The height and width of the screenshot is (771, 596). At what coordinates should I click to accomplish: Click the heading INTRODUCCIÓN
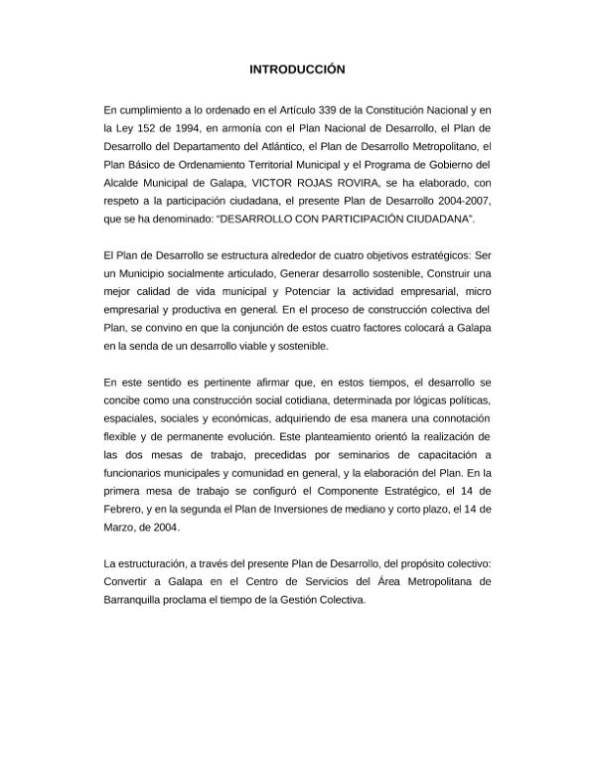[297, 71]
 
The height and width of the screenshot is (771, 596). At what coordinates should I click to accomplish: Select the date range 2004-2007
[458, 200]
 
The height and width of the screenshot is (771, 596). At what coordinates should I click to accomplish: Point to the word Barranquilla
[136, 600]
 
